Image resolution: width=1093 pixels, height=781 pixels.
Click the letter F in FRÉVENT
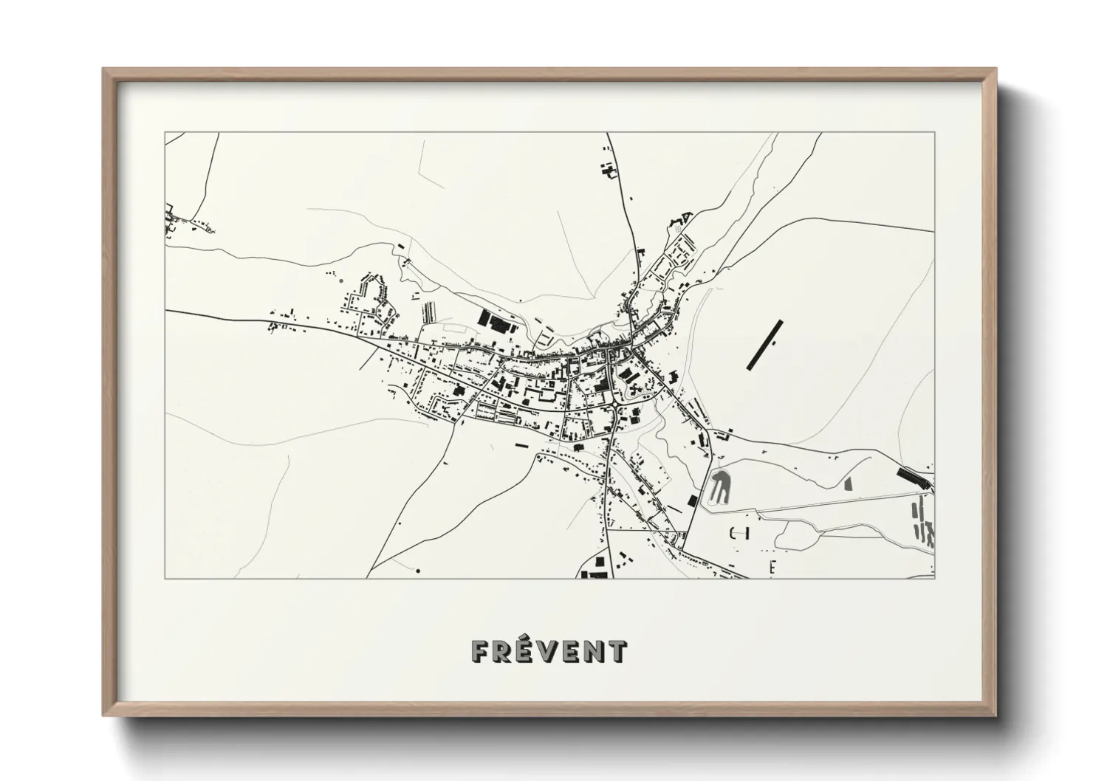481,651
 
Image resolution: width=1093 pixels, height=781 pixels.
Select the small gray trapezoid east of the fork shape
848,484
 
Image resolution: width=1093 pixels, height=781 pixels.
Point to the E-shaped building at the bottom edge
773,567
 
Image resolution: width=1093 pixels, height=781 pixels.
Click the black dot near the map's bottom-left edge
418,571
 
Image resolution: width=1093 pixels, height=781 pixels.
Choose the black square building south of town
692,500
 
